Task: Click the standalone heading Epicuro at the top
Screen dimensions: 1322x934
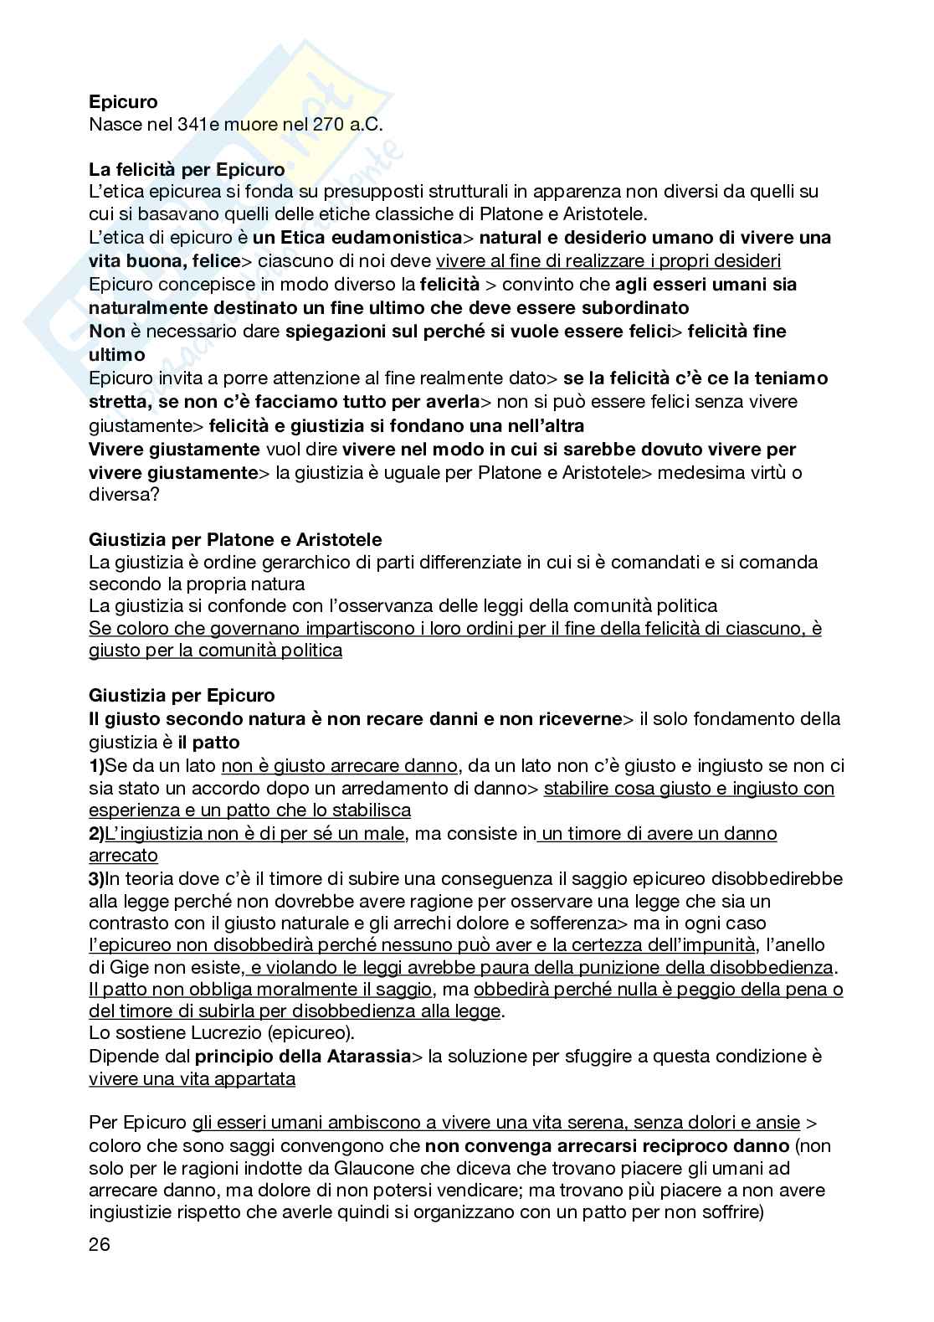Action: point(123,102)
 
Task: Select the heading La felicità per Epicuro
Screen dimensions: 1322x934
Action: point(187,170)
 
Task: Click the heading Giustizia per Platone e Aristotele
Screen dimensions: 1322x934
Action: point(235,540)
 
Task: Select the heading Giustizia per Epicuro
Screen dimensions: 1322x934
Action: point(182,696)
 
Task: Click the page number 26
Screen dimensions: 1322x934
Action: point(100,1244)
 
